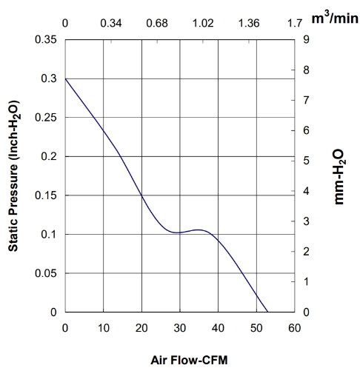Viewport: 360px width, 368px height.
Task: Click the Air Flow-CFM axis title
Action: [189, 360]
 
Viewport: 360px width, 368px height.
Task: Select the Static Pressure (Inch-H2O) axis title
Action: [13, 175]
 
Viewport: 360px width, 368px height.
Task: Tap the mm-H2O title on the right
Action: [339, 176]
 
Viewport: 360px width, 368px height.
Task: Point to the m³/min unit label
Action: [335, 18]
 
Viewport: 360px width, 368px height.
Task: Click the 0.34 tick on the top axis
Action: [111, 24]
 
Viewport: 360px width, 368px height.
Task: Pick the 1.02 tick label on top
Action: [203, 24]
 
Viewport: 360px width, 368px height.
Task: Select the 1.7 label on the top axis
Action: [295, 24]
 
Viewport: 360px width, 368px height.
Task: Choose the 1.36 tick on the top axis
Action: [249, 24]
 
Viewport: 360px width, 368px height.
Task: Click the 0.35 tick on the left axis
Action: [46, 39]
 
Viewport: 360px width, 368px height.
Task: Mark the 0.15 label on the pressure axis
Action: [46, 195]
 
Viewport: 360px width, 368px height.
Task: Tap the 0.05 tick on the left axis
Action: [46, 273]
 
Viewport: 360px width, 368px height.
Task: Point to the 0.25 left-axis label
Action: [46, 118]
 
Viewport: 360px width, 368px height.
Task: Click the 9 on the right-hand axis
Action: [306, 39]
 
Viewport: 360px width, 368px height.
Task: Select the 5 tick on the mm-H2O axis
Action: [306, 161]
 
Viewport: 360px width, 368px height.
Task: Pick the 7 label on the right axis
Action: [306, 100]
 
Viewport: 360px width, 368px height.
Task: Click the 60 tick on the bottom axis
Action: [295, 328]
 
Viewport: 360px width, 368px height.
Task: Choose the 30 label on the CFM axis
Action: [180, 328]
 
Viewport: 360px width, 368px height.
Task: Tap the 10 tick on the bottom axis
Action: [104, 328]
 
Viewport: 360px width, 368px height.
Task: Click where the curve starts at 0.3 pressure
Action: [65, 78]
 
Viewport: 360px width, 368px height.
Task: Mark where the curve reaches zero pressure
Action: [268, 312]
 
